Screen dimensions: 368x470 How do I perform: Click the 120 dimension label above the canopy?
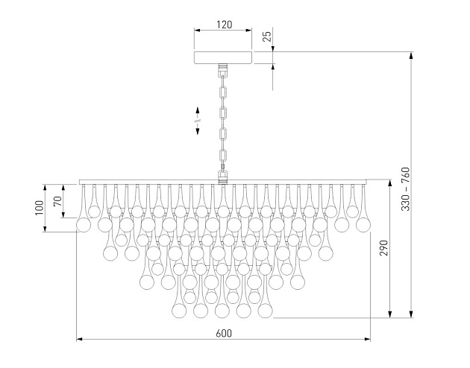click(223, 24)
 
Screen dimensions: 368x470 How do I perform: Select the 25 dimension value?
click(266, 35)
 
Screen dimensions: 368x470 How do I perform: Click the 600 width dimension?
click(223, 333)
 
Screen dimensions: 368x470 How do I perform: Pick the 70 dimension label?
click(57, 201)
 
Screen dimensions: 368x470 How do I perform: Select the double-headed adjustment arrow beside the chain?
click(198, 120)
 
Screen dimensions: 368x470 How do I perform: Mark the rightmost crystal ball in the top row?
click(363, 224)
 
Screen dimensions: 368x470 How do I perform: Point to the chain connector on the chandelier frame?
click(222, 177)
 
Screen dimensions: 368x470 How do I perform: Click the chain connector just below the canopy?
click(222, 71)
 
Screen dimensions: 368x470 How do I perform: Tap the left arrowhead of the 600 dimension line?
click(80, 340)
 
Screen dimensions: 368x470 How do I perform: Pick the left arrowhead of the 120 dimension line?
click(197, 31)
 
